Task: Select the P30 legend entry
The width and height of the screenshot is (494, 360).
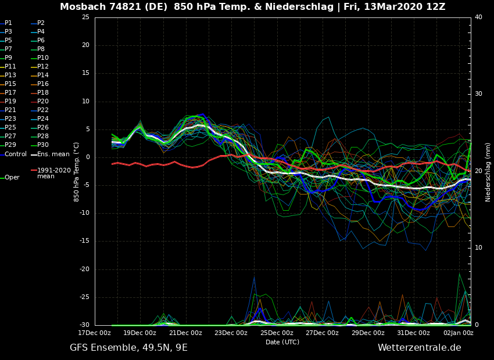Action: (x=42, y=145)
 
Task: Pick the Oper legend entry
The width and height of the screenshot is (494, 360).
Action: (x=12, y=178)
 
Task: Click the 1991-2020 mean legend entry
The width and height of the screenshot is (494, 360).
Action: (x=53, y=173)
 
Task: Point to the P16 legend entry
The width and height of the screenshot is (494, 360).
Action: (x=42, y=84)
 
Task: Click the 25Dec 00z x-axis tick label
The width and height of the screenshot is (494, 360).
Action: (x=277, y=333)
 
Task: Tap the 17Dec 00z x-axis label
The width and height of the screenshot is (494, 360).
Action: (x=95, y=333)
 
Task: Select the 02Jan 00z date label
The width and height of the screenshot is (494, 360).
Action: (x=459, y=333)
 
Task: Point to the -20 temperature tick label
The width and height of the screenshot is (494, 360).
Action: (x=84, y=269)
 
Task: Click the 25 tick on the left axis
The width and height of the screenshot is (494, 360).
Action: (x=85, y=17)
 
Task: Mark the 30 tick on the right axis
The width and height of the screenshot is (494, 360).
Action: (x=478, y=94)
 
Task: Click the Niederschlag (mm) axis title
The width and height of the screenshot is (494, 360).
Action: (x=488, y=172)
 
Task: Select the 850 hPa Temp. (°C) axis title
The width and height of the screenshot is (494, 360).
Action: (x=77, y=172)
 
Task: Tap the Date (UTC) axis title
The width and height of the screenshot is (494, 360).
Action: (x=282, y=342)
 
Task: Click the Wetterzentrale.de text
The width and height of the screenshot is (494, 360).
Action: (x=419, y=348)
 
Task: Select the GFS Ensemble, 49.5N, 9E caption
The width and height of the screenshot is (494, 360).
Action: (x=128, y=348)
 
